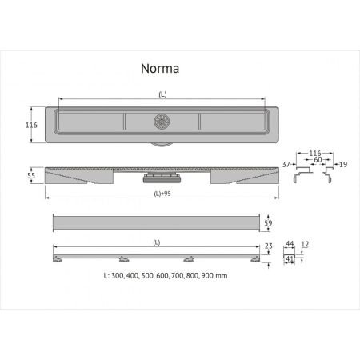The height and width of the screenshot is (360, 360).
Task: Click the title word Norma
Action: coord(157,68)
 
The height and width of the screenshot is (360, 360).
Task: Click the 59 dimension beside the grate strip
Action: coord(270,223)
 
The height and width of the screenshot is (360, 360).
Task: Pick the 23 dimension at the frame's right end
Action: coord(270,246)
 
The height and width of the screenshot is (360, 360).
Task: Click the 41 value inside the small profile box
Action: coord(290,259)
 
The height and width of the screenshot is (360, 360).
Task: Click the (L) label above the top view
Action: coord(162,94)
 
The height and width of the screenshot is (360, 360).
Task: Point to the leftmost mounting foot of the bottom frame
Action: coord(59,259)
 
